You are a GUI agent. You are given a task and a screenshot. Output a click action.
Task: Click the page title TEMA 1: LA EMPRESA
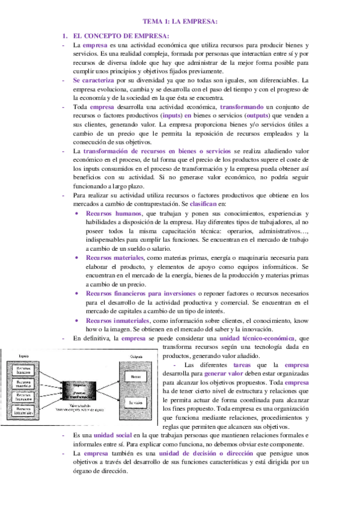(x=180, y=22)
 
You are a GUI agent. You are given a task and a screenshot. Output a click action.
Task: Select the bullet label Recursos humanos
(x=114, y=214)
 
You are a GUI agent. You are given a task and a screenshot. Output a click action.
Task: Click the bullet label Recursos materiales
(x=115, y=257)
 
